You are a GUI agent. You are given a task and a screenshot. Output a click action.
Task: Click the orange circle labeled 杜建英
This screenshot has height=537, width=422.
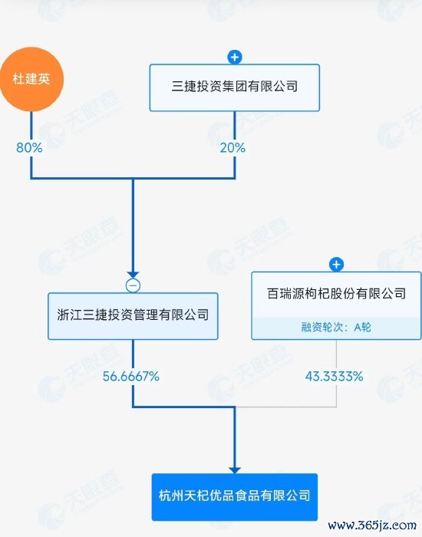pos(31,79)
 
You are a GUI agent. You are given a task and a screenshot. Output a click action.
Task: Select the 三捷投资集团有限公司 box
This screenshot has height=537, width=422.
pos(235,87)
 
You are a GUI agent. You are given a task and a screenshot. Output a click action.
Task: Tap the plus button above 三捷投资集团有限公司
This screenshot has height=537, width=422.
pos(235,58)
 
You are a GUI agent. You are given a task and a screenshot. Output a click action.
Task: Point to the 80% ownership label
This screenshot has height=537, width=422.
pos(29,147)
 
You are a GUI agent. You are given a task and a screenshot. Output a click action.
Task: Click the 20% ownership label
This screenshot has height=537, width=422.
pos(232,147)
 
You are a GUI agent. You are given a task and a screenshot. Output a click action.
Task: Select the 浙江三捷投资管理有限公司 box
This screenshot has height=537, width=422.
pos(133,316)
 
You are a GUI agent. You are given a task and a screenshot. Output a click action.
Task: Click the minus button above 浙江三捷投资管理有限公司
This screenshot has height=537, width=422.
pos(133,285)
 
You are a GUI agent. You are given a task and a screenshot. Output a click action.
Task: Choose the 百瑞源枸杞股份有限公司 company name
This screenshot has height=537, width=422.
pos(336,294)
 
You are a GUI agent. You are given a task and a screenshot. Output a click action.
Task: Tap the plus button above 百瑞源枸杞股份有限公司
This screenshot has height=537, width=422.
pos(336,265)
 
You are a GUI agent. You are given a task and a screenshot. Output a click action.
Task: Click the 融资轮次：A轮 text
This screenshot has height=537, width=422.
pos(336,328)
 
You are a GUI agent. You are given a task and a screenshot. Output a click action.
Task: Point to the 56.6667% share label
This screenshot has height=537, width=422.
pos(131,377)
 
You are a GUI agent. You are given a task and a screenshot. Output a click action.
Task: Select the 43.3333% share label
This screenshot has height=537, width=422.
pos(334,377)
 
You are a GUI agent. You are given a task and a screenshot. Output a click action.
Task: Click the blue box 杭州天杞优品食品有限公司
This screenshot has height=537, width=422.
pos(235,497)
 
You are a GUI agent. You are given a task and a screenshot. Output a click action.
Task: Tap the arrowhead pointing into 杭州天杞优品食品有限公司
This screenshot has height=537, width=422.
pos(235,470)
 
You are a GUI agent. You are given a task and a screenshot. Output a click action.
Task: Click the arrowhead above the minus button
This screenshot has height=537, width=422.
pos(133,275)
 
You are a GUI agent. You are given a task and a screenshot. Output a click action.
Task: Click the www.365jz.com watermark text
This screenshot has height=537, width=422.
pos(372,525)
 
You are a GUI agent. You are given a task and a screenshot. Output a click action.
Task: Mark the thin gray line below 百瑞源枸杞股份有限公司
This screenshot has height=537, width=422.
pos(336,355)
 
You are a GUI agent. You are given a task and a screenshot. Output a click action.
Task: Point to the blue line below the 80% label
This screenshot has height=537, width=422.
pos(31,166)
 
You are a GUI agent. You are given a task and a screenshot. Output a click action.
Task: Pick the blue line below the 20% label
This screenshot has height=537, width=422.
pos(235,166)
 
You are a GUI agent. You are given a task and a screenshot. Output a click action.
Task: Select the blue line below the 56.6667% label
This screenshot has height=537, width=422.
pos(133,395)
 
